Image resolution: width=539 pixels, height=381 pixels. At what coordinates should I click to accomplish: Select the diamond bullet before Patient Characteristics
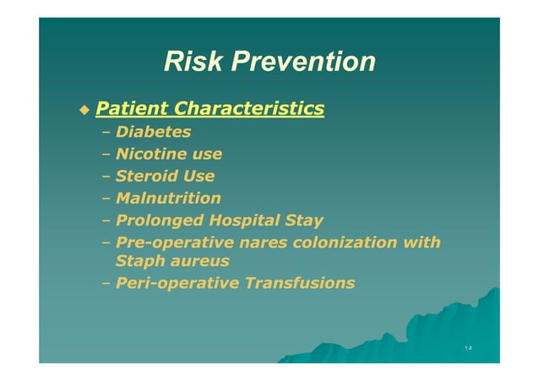[83, 110]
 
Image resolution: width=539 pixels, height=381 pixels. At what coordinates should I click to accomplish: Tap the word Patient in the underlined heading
[131, 109]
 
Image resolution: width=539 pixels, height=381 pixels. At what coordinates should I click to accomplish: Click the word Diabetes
[153, 132]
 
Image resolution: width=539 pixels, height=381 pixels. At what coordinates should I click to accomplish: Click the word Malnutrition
[168, 199]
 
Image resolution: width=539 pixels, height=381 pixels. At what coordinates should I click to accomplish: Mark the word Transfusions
[299, 284]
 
